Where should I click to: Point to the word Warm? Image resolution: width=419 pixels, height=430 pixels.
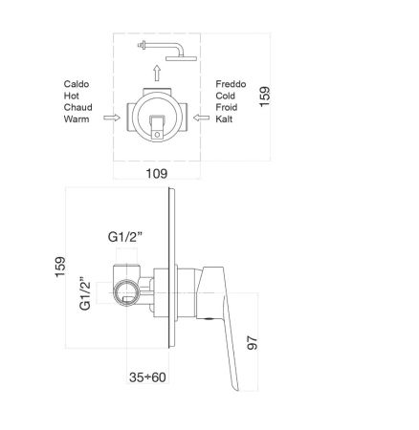[x=77, y=119]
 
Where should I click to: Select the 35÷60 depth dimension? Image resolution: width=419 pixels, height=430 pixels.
[x=147, y=378]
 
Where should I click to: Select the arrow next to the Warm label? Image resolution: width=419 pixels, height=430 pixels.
[x=112, y=119]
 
